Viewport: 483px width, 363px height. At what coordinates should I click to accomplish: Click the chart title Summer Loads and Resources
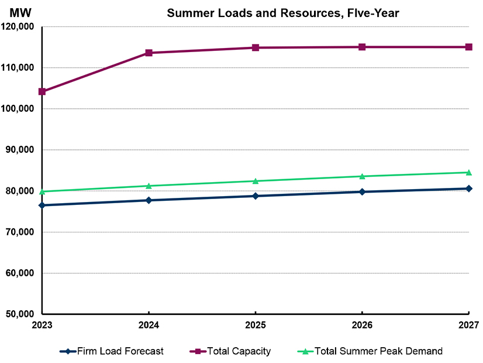(x=283, y=13)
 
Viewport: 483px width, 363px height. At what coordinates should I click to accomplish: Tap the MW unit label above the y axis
(x=20, y=13)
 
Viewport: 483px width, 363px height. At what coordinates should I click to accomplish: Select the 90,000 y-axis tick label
(x=22, y=150)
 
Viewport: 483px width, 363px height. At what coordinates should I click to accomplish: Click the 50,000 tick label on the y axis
(x=22, y=314)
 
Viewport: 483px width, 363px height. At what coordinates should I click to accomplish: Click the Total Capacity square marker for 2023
(x=42, y=91)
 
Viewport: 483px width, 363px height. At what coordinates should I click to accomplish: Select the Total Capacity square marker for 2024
(x=149, y=53)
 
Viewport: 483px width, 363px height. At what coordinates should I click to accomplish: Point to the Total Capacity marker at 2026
(x=362, y=47)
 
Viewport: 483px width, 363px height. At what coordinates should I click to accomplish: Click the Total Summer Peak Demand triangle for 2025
(x=256, y=181)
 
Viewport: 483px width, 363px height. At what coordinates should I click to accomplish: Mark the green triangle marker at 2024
(x=149, y=186)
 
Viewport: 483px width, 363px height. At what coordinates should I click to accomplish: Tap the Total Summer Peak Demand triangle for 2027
(x=468, y=172)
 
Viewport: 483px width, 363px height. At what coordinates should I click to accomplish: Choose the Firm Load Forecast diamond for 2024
(x=149, y=200)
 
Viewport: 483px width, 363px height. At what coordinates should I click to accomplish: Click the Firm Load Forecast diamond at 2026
(x=362, y=191)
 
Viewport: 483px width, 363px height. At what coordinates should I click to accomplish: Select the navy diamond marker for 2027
(x=468, y=189)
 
